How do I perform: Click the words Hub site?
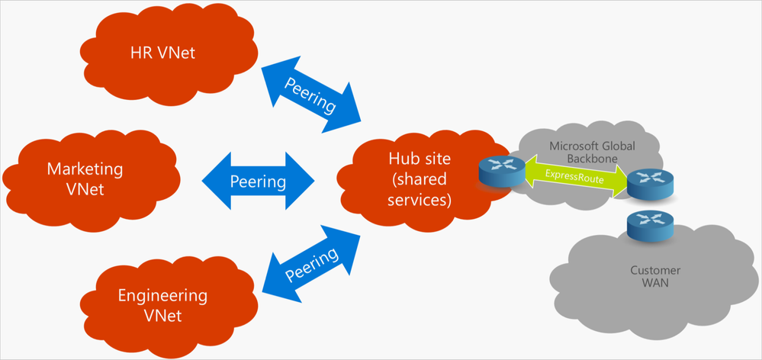pyautogui.click(x=419, y=159)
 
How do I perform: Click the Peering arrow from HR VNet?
pyautogui.click(x=310, y=95)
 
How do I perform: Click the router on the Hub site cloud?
pyautogui.click(x=500, y=172)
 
